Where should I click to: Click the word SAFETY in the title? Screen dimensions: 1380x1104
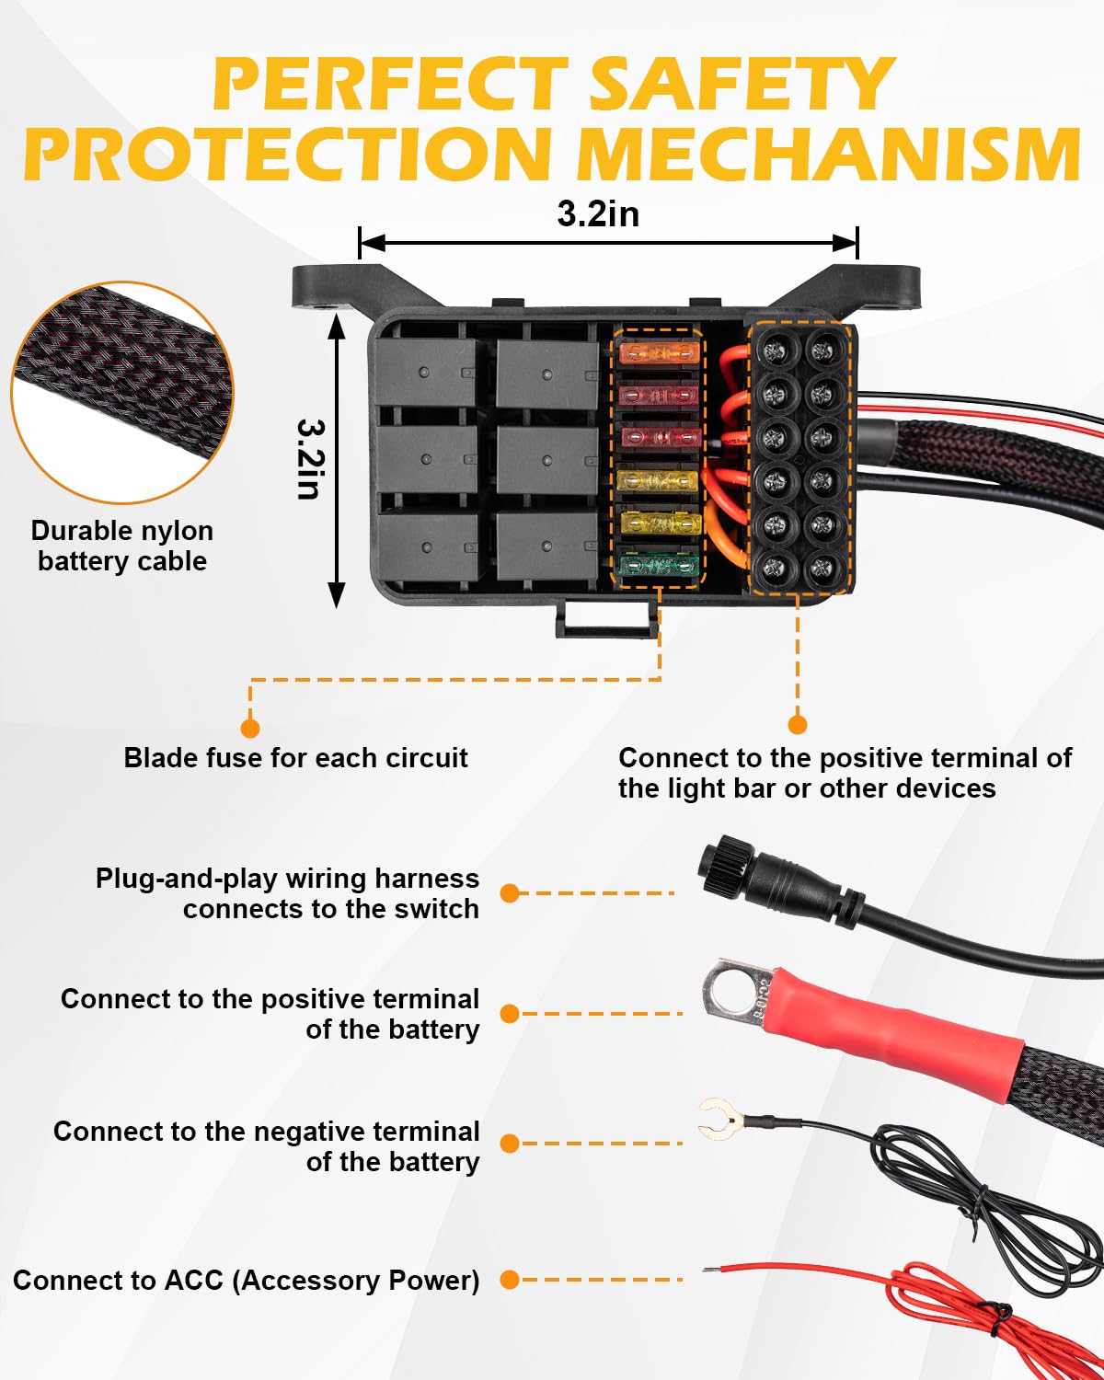point(741,85)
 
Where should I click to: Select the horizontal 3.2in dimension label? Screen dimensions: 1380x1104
point(598,213)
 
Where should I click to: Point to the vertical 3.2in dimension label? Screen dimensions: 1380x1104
point(310,460)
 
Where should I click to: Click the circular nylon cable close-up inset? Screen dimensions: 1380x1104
point(122,393)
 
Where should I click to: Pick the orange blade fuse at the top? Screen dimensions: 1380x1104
point(658,351)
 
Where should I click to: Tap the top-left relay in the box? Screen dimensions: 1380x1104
point(425,373)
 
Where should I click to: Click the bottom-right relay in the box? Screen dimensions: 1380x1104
point(546,546)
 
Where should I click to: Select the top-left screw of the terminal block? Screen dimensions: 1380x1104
point(777,350)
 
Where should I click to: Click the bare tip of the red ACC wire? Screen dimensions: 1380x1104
point(711,1270)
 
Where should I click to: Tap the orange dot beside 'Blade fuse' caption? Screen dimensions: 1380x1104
point(249,729)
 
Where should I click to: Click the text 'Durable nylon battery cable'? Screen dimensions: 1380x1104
point(122,546)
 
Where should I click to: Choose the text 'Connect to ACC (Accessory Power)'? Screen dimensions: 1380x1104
point(247,1280)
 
